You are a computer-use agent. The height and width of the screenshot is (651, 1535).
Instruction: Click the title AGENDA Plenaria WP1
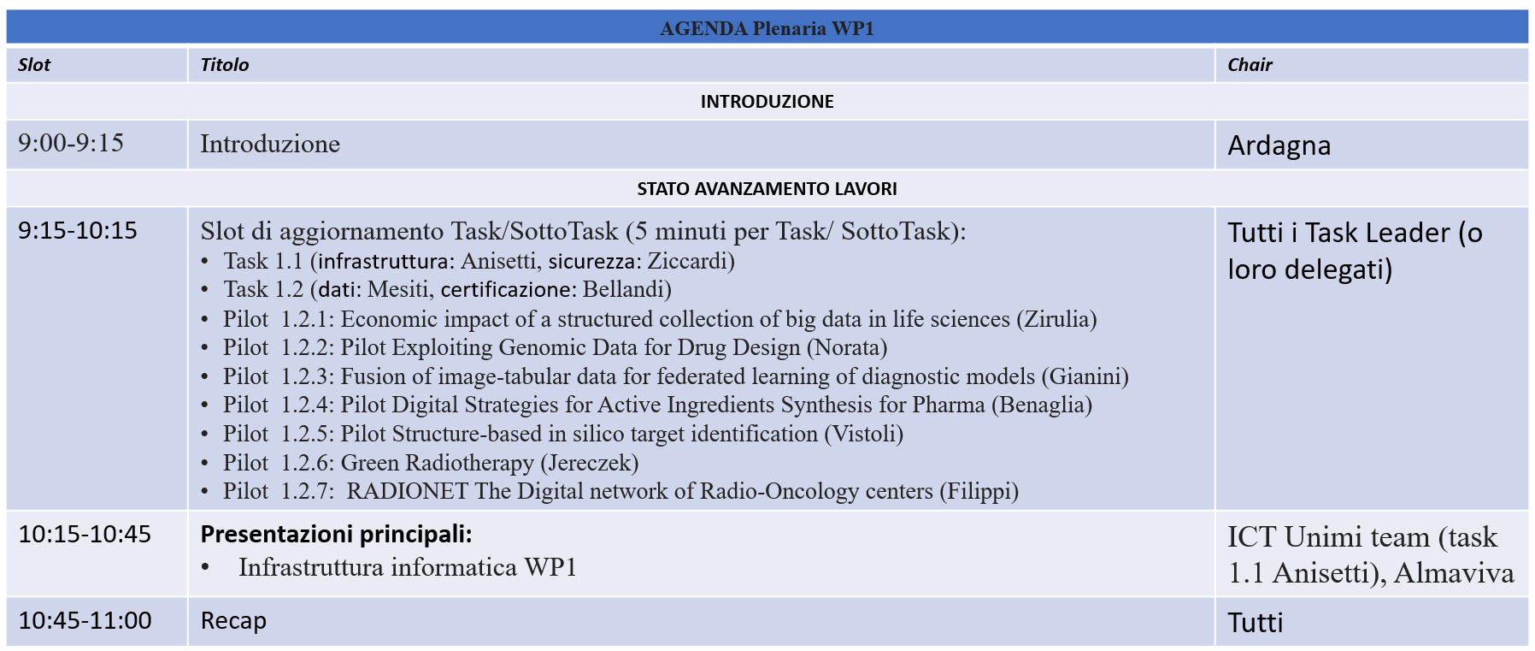click(x=767, y=28)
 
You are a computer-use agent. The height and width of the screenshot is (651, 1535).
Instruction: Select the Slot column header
click(x=34, y=65)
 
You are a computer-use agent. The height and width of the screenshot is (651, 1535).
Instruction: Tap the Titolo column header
click(x=225, y=65)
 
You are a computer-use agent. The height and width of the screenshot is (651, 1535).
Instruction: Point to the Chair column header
click(x=1250, y=65)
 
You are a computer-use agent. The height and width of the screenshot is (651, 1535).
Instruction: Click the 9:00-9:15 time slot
click(x=71, y=143)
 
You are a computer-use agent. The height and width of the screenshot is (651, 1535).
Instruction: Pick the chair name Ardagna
click(x=1279, y=145)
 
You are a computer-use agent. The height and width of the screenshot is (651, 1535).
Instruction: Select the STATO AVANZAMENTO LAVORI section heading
click(x=767, y=188)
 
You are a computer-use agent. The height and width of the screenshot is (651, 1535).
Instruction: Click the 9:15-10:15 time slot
click(x=78, y=231)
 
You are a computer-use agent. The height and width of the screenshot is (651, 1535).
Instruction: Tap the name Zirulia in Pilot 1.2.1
click(x=1056, y=319)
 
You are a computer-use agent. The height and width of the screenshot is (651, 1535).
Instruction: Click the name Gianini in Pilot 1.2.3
click(x=1085, y=376)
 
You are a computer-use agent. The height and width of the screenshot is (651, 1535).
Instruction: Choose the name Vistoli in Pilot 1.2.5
click(x=863, y=434)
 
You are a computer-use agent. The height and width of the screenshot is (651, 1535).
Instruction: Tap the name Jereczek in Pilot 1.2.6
click(x=590, y=463)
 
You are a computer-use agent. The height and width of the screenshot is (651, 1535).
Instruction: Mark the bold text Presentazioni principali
click(x=336, y=535)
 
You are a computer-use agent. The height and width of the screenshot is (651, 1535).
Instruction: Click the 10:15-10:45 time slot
click(x=85, y=535)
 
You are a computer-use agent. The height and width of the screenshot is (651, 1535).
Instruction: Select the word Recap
click(x=233, y=621)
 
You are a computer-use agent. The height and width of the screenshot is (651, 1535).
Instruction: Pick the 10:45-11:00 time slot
click(x=85, y=620)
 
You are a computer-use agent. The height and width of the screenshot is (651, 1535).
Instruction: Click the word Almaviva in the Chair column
click(x=1454, y=572)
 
